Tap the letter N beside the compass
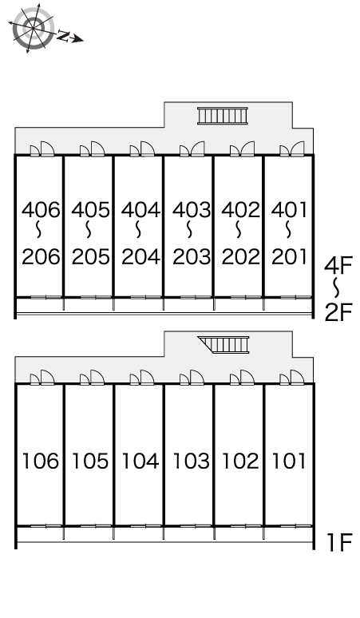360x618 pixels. pyautogui.click(x=63, y=35)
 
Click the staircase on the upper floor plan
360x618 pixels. pyautogui.click(x=223, y=116)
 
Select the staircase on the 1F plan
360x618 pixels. pyautogui.click(x=224, y=344)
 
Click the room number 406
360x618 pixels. pyautogui.click(x=41, y=210)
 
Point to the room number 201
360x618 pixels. pyautogui.click(x=289, y=256)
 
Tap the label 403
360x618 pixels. pyautogui.click(x=192, y=210)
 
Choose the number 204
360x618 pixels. pyautogui.click(x=140, y=256)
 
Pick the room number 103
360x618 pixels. pyautogui.click(x=191, y=461)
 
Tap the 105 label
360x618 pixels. pyautogui.click(x=90, y=461)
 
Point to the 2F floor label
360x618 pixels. pyautogui.click(x=338, y=311)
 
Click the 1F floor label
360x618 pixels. pyautogui.click(x=339, y=542)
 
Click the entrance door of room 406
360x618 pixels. pyautogui.click(x=42, y=149)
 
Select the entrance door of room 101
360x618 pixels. pyautogui.click(x=292, y=378)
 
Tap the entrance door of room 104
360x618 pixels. pyautogui.click(x=142, y=378)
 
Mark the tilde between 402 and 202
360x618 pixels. pyautogui.click(x=239, y=229)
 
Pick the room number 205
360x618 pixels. pyautogui.click(x=90, y=256)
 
